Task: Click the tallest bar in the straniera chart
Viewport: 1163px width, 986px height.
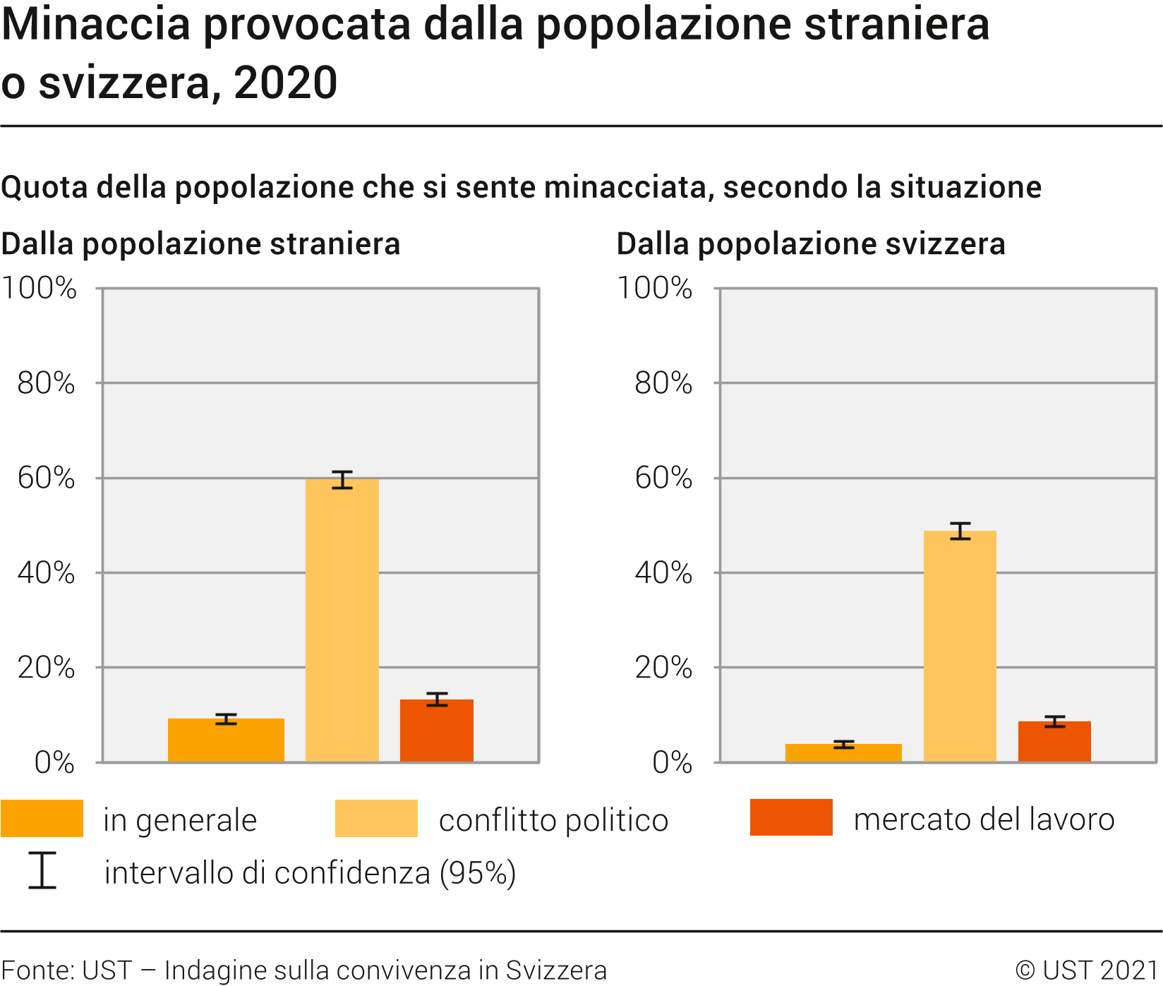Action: coord(342,621)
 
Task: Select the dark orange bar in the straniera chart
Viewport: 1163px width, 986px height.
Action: coord(437,731)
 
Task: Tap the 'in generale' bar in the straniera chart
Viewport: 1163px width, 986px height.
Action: coord(226,740)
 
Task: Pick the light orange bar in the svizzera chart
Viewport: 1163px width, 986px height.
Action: coord(960,646)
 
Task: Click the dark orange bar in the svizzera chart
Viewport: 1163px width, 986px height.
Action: coord(1054,741)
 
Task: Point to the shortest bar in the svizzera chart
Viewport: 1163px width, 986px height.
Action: coord(843,752)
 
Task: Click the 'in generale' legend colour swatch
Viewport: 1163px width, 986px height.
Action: coord(42,819)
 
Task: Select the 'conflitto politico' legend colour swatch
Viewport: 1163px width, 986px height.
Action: coord(376,819)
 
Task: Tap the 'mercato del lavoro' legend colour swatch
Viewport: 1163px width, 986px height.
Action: coord(791,818)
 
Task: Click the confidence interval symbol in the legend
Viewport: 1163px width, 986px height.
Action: coord(42,870)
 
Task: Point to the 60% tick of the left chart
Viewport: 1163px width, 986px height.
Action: coord(47,479)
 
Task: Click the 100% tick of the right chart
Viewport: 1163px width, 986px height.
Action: coord(655,289)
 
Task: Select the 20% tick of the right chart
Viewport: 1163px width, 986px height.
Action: coord(663,668)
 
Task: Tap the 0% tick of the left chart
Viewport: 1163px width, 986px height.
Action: coord(54,763)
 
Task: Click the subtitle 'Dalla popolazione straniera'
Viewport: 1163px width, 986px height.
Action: coord(201,244)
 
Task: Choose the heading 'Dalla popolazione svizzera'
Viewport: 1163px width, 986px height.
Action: coord(811,244)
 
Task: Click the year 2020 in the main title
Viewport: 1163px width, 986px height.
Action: coord(286,83)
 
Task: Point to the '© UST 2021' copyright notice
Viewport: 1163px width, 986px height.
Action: coord(1086,970)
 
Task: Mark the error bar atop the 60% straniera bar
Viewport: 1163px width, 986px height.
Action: coord(342,480)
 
